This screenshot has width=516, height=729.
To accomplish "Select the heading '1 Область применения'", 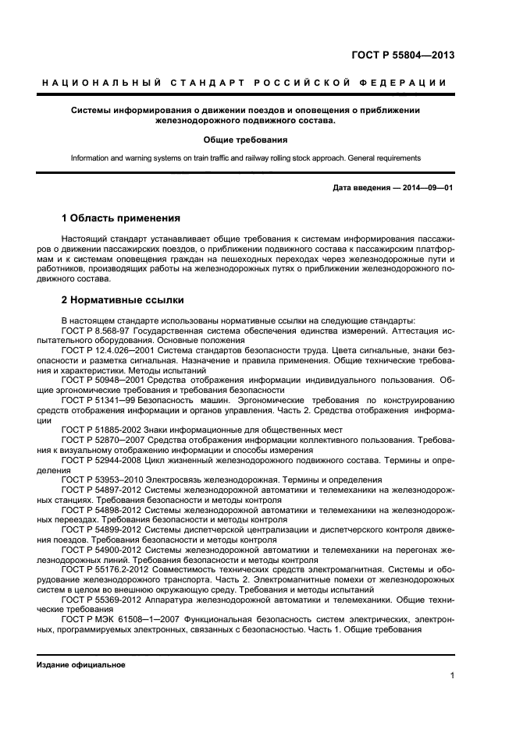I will (x=121, y=218).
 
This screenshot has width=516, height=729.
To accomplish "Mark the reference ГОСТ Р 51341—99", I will (x=96, y=400).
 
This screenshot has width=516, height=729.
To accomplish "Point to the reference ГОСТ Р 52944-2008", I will (x=99, y=461).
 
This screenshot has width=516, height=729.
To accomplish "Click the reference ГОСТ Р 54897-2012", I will (x=99, y=490).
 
